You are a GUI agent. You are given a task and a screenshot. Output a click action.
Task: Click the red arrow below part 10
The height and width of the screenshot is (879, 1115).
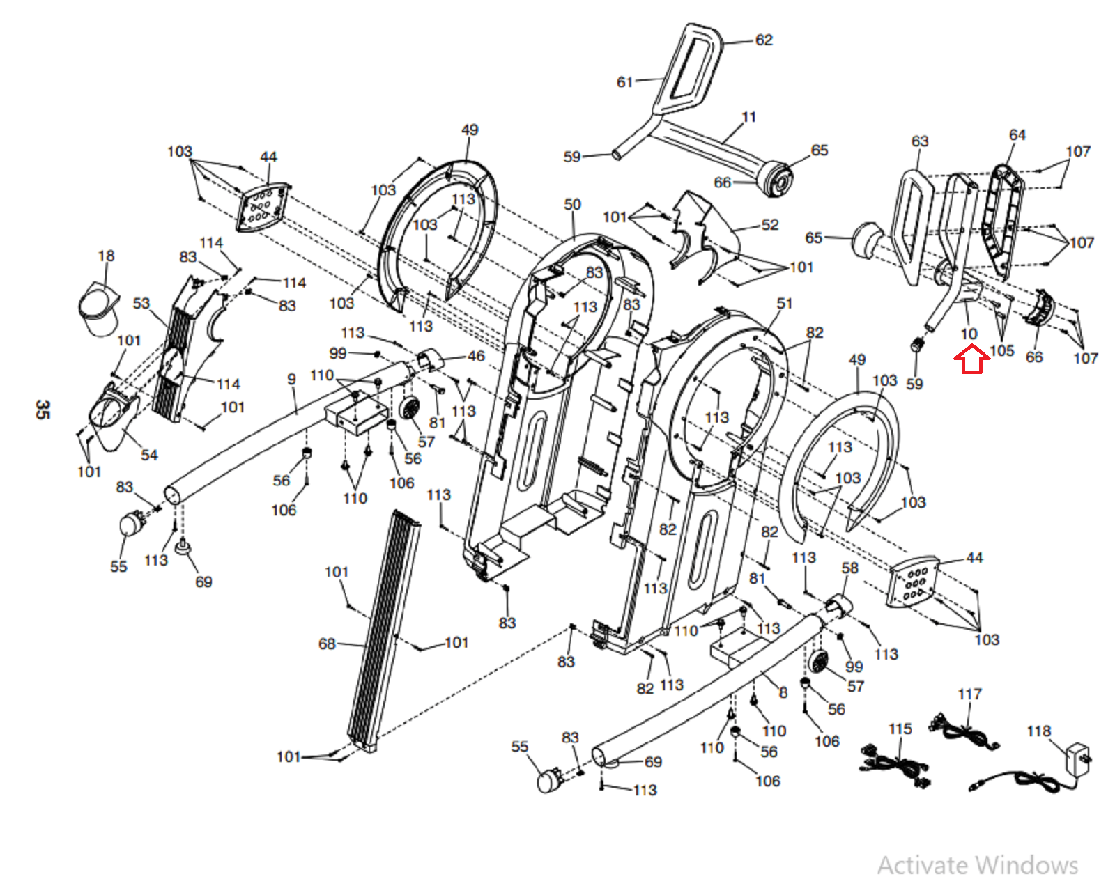point(971,361)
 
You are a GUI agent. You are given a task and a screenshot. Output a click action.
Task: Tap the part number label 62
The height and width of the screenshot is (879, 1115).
point(764,40)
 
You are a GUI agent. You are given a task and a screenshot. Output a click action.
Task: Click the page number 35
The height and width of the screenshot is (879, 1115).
point(43,410)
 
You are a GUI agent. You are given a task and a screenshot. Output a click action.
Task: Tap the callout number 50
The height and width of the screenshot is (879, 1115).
point(572,205)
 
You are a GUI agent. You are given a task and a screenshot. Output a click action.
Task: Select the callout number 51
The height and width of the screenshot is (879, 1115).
point(785,303)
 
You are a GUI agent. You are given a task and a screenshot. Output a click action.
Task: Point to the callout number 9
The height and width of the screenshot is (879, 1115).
point(291,379)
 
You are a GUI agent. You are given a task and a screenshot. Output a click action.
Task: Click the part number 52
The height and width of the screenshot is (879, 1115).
point(769,225)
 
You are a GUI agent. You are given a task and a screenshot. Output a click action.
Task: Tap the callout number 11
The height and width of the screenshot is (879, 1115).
point(749,117)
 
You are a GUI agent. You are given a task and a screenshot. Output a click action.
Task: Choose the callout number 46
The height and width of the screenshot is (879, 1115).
point(476,356)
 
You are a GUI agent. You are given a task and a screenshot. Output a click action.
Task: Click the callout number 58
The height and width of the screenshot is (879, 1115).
point(850,568)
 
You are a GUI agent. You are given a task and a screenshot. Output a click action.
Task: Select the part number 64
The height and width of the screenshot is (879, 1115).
point(1017,135)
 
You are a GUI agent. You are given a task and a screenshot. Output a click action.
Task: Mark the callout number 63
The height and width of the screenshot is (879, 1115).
point(920,141)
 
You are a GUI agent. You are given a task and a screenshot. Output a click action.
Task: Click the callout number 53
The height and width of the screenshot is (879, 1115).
point(141,304)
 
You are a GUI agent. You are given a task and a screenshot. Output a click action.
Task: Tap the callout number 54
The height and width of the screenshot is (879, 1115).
point(149,456)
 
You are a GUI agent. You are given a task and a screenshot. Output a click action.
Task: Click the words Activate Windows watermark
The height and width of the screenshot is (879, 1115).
point(978,865)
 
